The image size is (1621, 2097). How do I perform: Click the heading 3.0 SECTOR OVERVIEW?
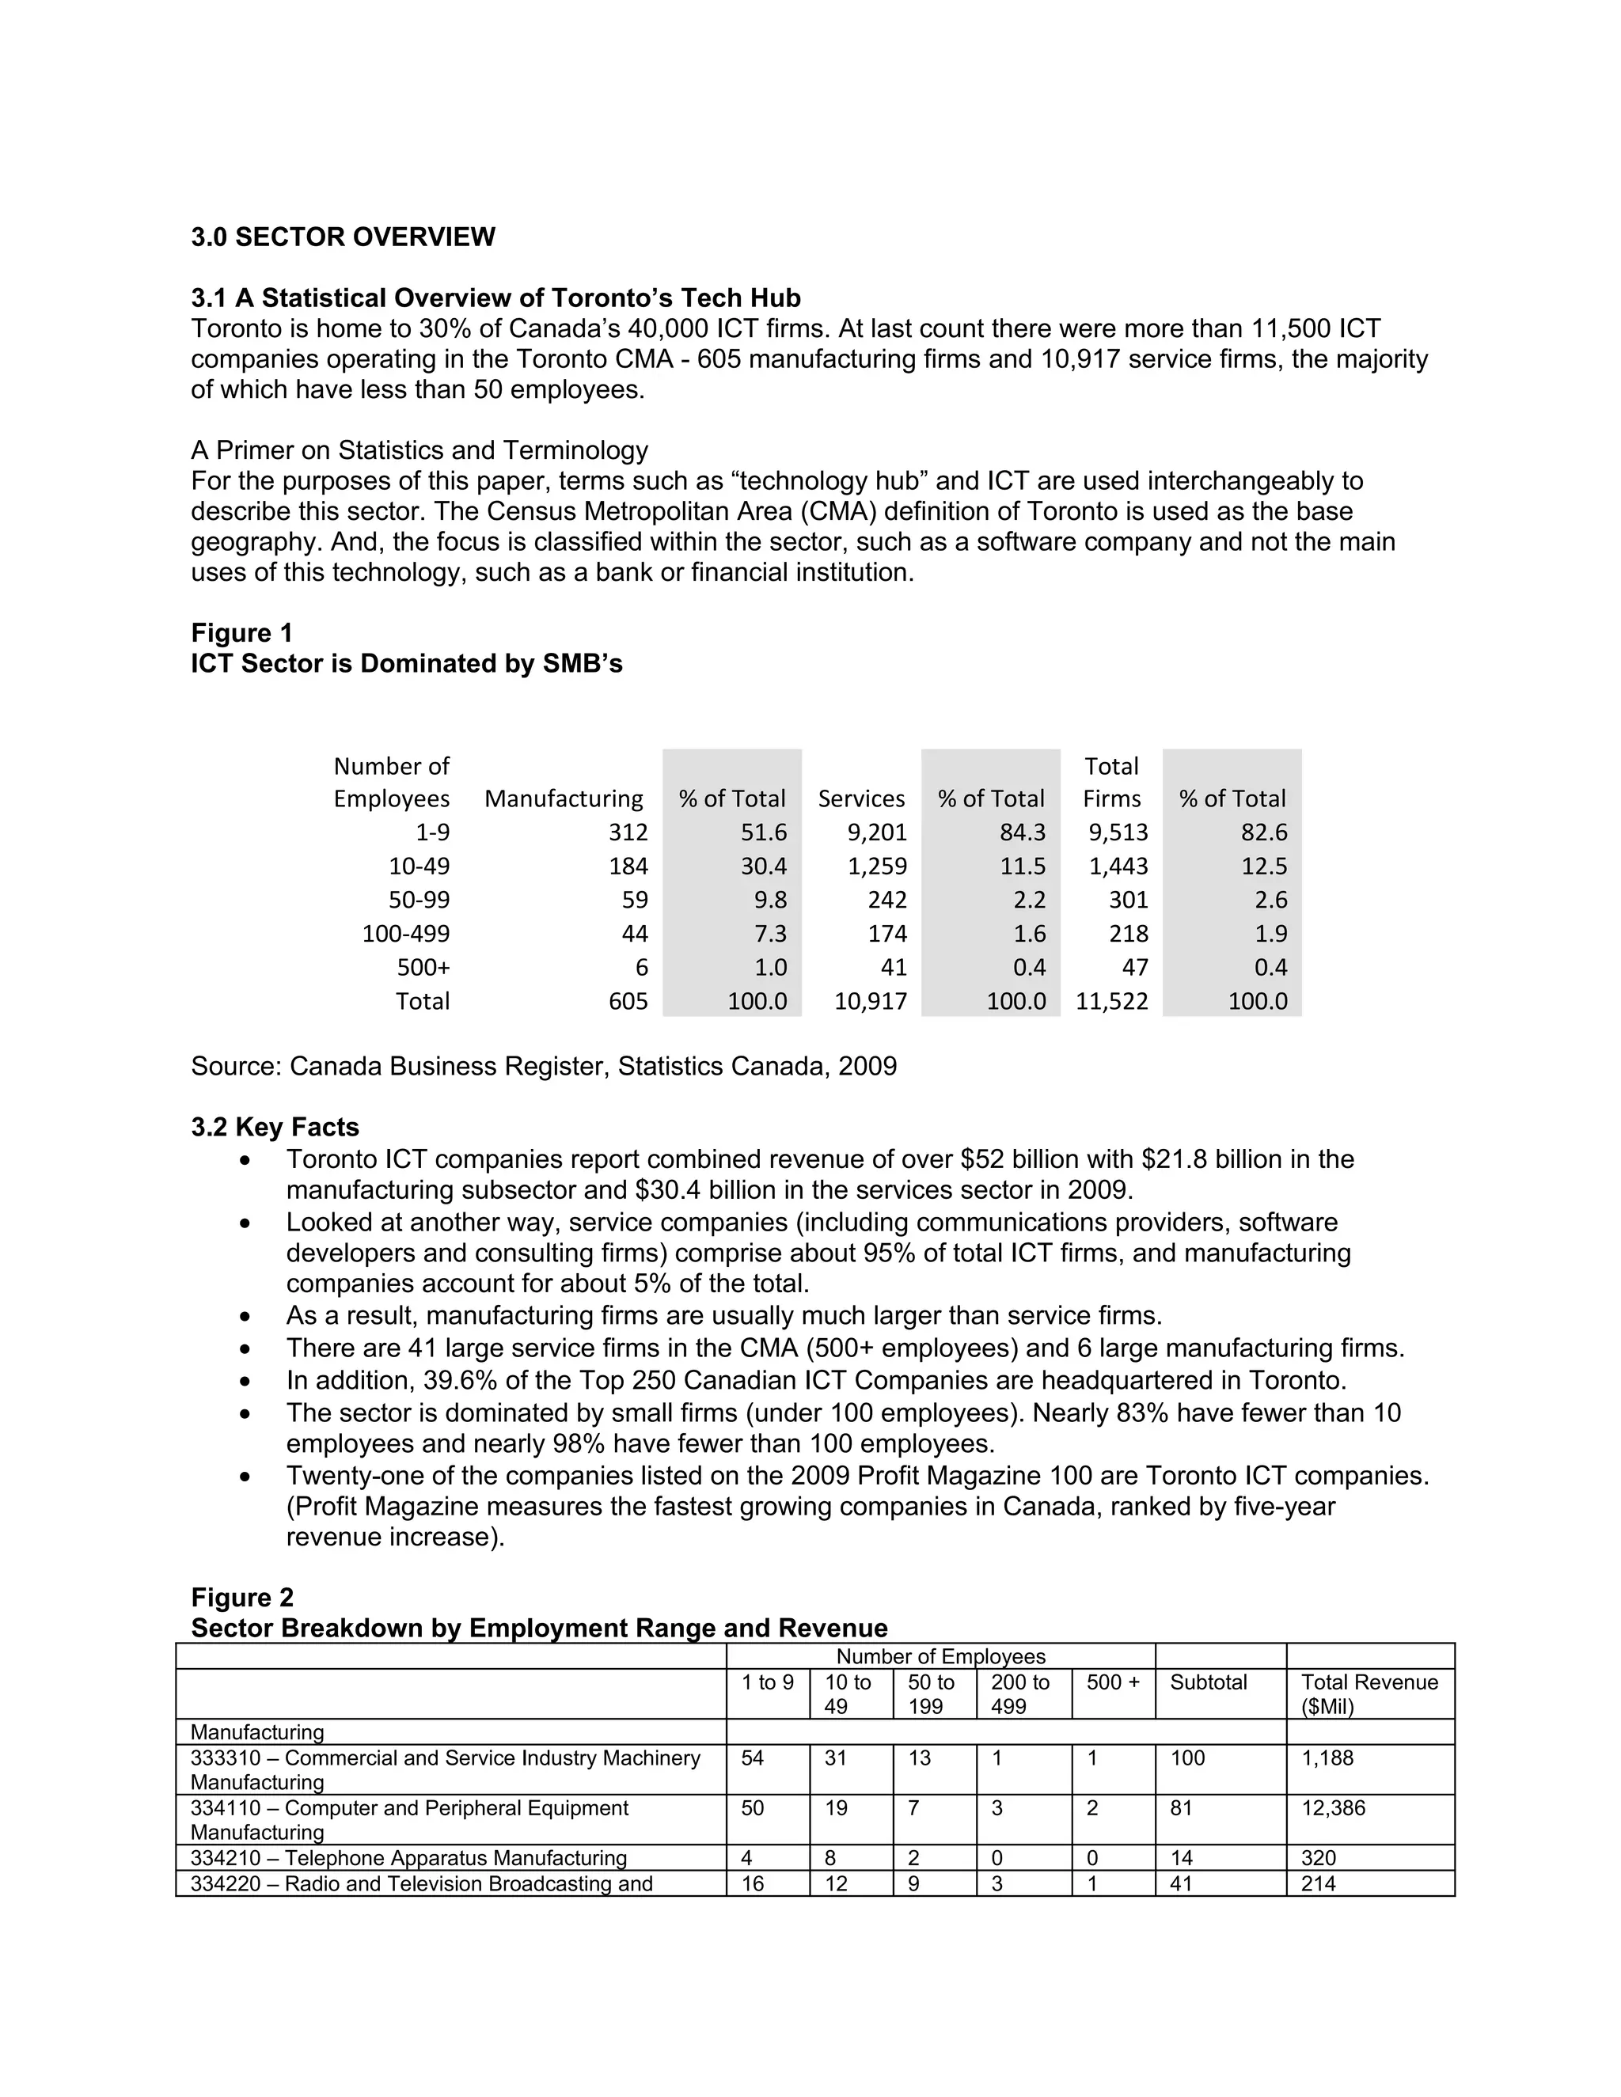pyautogui.click(x=343, y=237)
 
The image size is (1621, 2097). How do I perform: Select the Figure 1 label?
pyautogui.click(x=242, y=633)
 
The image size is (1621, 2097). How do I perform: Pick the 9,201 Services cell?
pyautogui.click(x=877, y=832)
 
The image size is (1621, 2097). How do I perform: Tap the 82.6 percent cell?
pyautogui.click(x=1264, y=832)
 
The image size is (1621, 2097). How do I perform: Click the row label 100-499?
pyautogui.click(x=405, y=933)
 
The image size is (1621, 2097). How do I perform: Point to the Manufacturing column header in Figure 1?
pyautogui.click(x=564, y=799)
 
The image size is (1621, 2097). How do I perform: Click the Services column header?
pyautogui.click(x=861, y=799)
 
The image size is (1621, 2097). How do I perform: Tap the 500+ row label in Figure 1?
pyautogui.click(x=423, y=967)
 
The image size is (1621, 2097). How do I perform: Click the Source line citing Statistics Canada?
pyautogui.click(x=544, y=1067)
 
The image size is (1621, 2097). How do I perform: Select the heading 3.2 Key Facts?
pyautogui.click(x=275, y=1127)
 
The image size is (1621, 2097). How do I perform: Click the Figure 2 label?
pyautogui.click(x=242, y=1598)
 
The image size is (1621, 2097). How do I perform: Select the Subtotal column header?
pyautogui.click(x=1208, y=1682)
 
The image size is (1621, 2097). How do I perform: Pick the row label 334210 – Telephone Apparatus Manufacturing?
pyautogui.click(x=408, y=1858)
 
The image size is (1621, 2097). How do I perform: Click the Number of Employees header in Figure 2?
pyautogui.click(x=940, y=1656)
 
